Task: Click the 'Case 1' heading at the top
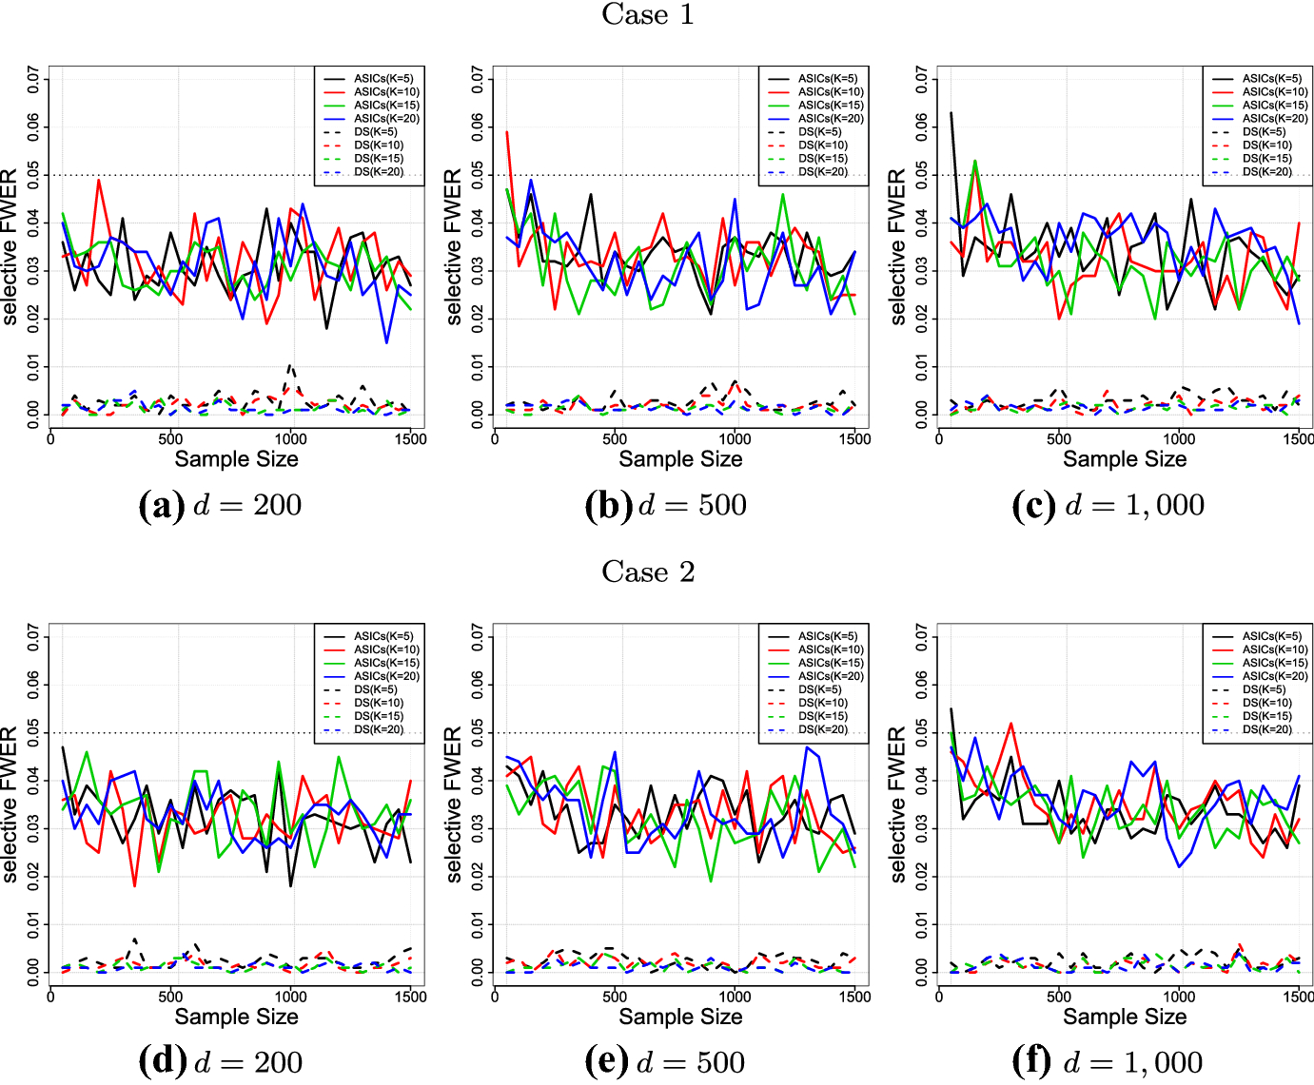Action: point(648,15)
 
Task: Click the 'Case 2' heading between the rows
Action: point(648,572)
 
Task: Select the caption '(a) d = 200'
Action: point(221,505)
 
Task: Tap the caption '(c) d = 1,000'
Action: point(1108,505)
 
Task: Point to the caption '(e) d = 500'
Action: point(665,1062)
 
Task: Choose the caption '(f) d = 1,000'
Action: point(1108,1062)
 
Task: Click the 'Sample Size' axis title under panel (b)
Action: point(680,459)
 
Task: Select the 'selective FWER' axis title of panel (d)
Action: point(10,804)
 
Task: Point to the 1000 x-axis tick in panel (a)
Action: point(290,438)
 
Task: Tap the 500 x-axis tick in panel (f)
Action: point(1058,997)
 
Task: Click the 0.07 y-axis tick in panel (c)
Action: point(922,80)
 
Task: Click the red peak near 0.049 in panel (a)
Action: point(98,180)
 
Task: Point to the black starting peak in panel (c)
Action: point(951,113)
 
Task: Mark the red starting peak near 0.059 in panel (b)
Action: point(507,132)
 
